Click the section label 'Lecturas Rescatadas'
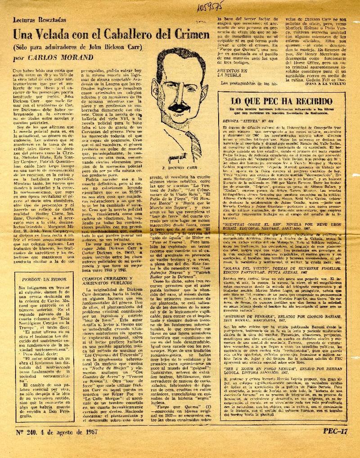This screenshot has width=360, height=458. pos(40,21)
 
